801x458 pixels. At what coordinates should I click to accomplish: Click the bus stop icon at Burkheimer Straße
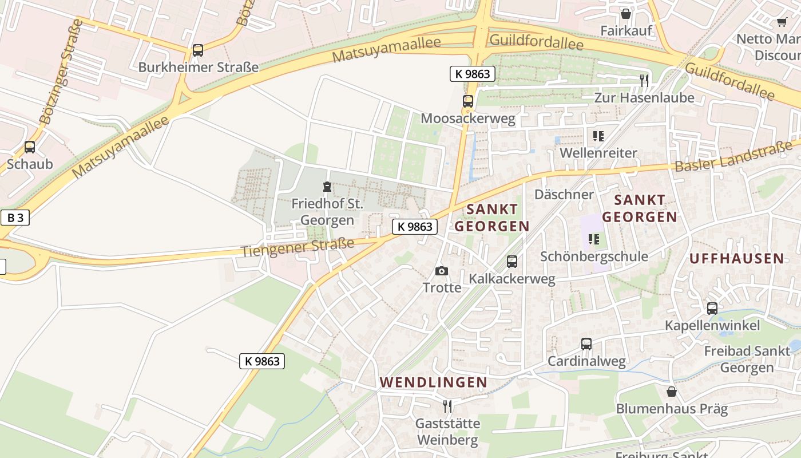click(x=197, y=50)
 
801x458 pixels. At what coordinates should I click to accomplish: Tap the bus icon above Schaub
click(x=30, y=147)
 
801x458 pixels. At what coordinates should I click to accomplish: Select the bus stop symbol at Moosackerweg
click(x=468, y=101)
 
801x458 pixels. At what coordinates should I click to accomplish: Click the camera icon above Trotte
click(x=442, y=271)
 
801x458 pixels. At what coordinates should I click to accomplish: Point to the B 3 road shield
click(x=15, y=218)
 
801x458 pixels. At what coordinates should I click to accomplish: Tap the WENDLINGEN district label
click(x=434, y=382)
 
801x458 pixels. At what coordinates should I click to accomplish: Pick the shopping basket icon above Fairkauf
click(x=626, y=14)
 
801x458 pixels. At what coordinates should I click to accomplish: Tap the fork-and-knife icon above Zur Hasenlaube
click(x=644, y=81)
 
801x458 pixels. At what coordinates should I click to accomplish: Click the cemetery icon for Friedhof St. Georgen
click(x=327, y=187)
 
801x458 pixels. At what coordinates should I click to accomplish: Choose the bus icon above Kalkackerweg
click(x=512, y=262)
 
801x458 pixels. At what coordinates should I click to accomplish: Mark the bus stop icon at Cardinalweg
click(x=586, y=344)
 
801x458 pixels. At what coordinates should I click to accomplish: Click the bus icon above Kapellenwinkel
click(x=712, y=309)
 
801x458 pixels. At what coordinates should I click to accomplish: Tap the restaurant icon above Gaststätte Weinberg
click(x=447, y=406)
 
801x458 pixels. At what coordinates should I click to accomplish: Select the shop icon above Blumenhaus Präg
click(x=672, y=392)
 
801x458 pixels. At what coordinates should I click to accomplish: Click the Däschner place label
click(x=564, y=194)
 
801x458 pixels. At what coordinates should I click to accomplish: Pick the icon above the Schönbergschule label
click(x=594, y=239)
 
